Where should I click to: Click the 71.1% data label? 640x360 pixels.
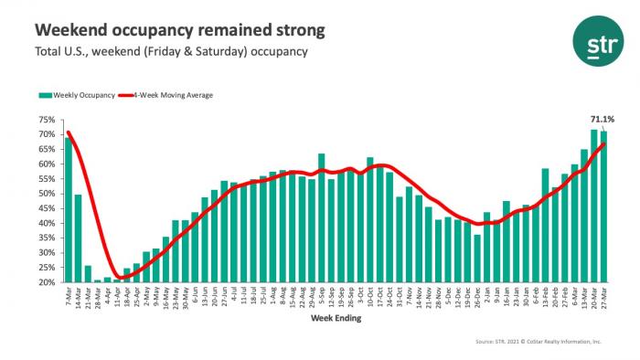(x=603, y=119)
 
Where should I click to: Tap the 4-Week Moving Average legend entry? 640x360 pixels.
(x=176, y=94)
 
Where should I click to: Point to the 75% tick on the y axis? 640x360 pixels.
(x=47, y=120)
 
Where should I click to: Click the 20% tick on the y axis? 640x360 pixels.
(x=47, y=282)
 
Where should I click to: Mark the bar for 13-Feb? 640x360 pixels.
(x=545, y=225)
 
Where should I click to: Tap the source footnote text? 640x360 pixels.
(x=537, y=342)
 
